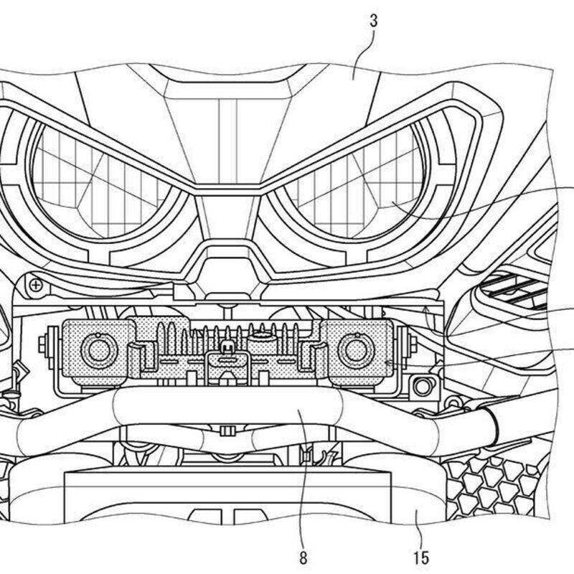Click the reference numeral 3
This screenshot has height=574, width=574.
point(373,22)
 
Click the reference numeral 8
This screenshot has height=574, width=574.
point(303,558)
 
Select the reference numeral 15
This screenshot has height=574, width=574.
point(421,558)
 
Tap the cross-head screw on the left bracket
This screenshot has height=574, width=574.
point(36,285)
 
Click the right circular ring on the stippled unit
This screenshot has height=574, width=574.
point(357,351)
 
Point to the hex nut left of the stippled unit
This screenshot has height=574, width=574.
point(43,344)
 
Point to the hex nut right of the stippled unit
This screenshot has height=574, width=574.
point(413,343)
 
